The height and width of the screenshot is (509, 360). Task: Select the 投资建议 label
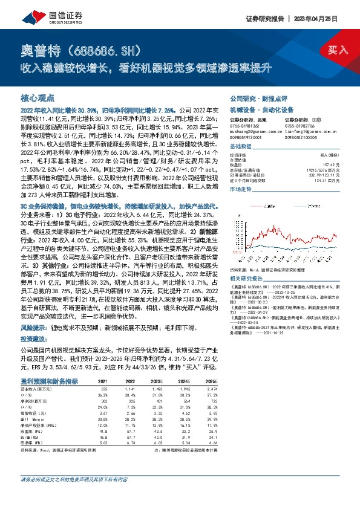[x=34, y=340]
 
